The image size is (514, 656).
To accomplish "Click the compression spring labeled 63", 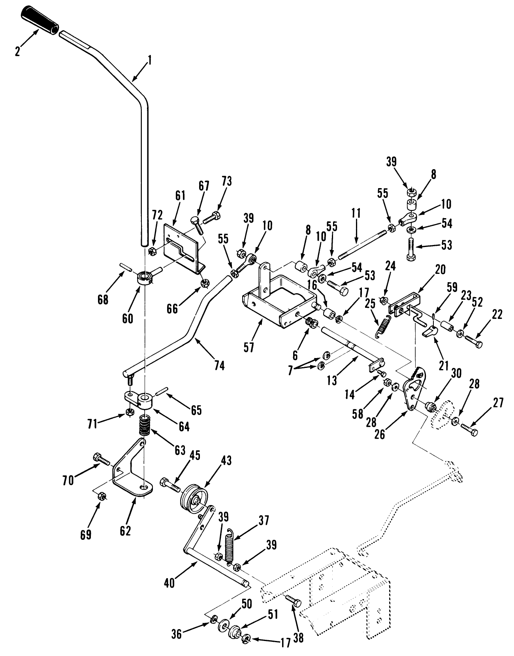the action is click(145, 425).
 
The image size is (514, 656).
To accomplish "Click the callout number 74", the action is click(219, 366).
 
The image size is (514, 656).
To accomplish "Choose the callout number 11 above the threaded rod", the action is click(356, 213).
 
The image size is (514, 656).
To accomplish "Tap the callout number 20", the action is click(441, 269).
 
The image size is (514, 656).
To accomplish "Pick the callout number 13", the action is click(332, 381).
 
